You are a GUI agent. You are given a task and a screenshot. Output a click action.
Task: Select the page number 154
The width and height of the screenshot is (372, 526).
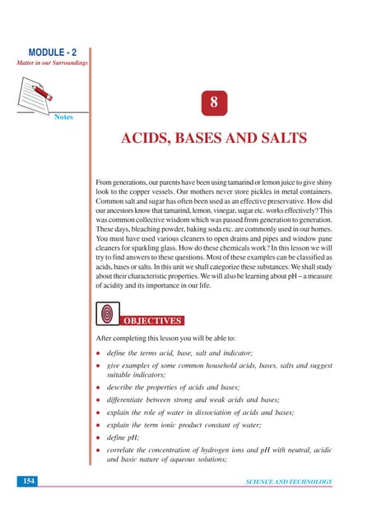tap(26, 481)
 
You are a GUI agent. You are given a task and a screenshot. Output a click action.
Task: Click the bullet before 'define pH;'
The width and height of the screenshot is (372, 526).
tap(99, 442)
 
